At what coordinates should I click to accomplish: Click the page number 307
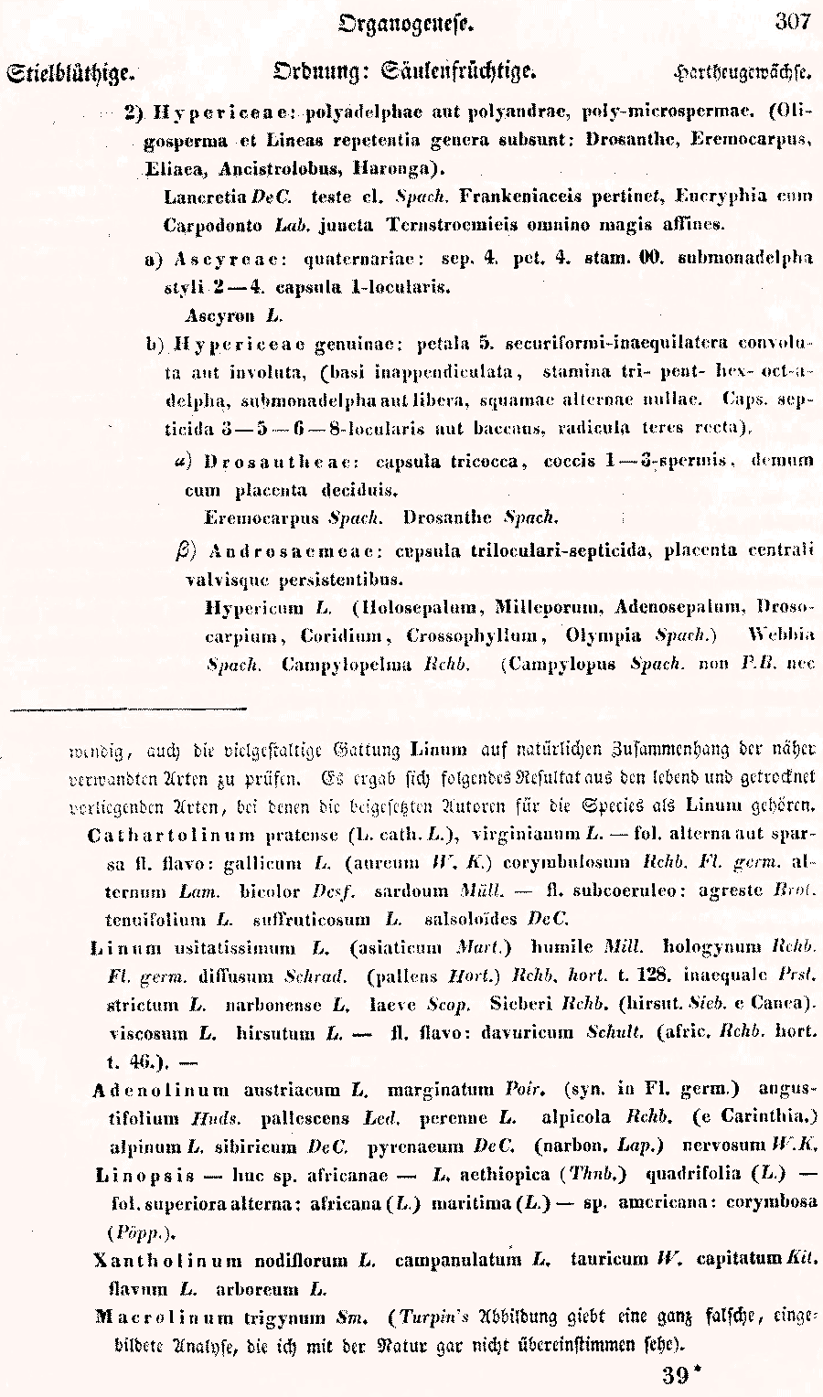792,22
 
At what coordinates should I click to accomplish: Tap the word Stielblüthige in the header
70,72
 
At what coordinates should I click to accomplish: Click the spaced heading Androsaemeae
294,551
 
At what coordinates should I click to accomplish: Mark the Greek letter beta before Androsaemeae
183,550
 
